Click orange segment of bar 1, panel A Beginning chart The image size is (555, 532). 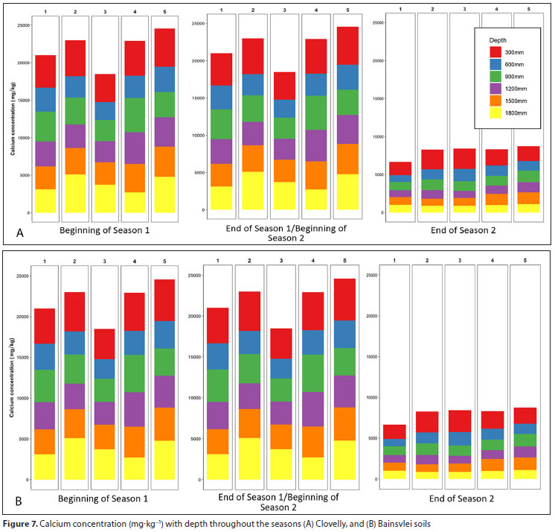[x=45, y=177]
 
